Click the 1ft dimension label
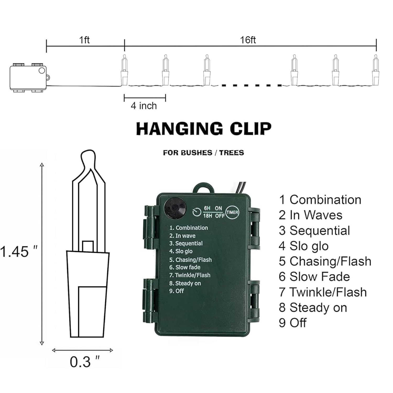click(84, 40)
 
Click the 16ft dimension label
click(248, 40)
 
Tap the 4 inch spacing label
click(144, 106)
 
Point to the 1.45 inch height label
click(18, 251)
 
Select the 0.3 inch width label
click(85, 362)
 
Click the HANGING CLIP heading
click(204, 129)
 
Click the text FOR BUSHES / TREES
click(203, 152)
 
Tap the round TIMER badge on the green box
click(232, 212)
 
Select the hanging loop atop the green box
click(203, 187)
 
